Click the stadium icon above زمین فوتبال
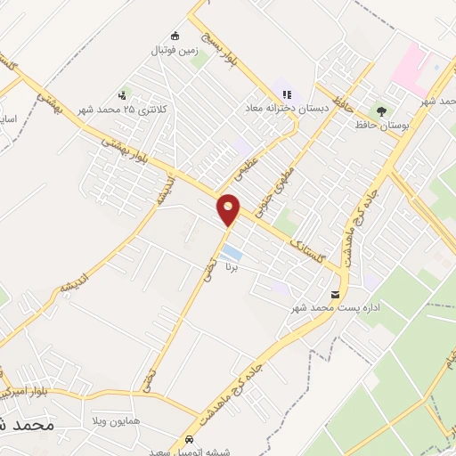[x=175, y=37]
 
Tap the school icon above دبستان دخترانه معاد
[x=287, y=93]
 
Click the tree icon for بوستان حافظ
[x=381, y=110]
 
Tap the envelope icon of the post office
[x=335, y=295]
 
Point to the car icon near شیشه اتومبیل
[x=189, y=440]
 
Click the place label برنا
[x=233, y=265]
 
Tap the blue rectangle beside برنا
[x=232, y=251]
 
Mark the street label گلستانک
[x=303, y=240]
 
